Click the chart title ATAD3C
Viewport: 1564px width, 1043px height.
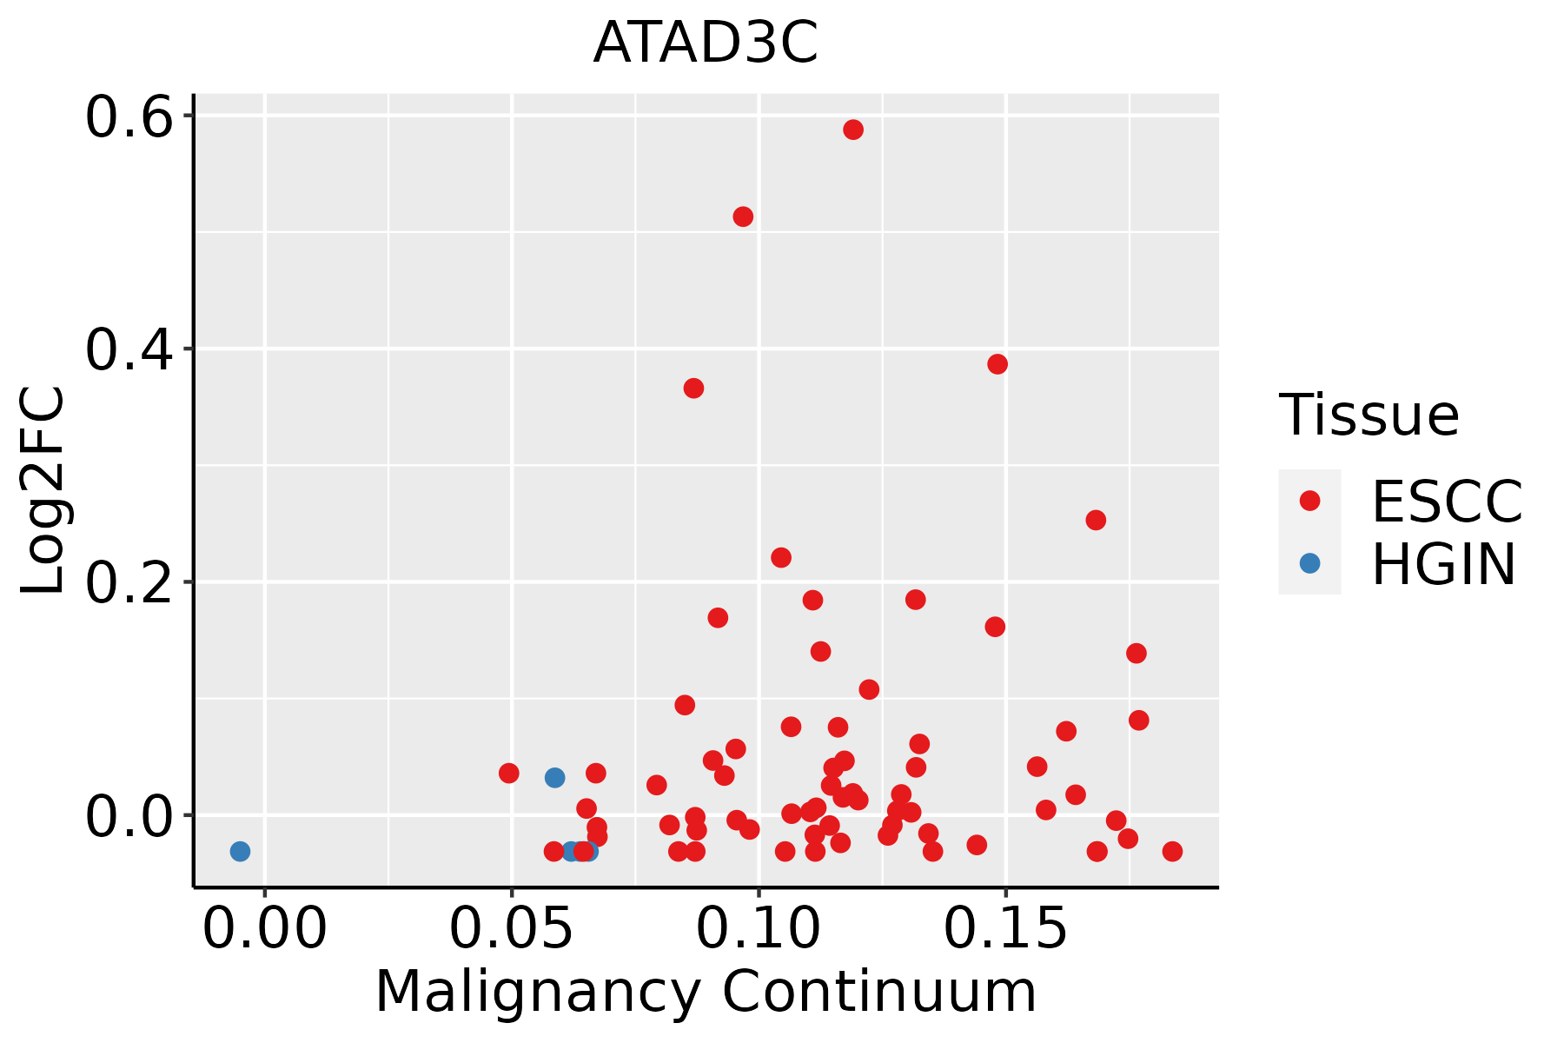(706, 43)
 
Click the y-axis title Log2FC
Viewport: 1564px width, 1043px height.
(43, 490)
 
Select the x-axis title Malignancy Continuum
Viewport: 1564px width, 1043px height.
(706, 993)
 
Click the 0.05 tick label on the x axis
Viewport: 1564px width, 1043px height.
(511, 929)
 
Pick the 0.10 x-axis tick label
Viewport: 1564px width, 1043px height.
(759, 929)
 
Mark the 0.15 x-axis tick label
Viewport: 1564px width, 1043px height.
(1005, 929)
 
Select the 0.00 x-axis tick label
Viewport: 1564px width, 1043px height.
(264, 929)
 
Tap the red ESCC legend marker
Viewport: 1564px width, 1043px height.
(1309, 501)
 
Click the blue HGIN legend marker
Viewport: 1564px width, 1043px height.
(1309, 563)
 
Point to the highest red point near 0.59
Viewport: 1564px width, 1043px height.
(853, 130)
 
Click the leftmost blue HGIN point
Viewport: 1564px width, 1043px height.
(240, 851)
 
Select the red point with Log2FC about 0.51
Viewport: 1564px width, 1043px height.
(743, 216)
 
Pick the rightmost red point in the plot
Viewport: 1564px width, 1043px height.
(1172, 851)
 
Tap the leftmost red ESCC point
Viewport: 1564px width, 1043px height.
(509, 773)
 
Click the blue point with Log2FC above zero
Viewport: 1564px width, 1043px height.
(554, 777)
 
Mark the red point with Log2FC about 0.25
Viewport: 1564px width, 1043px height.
(1096, 520)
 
